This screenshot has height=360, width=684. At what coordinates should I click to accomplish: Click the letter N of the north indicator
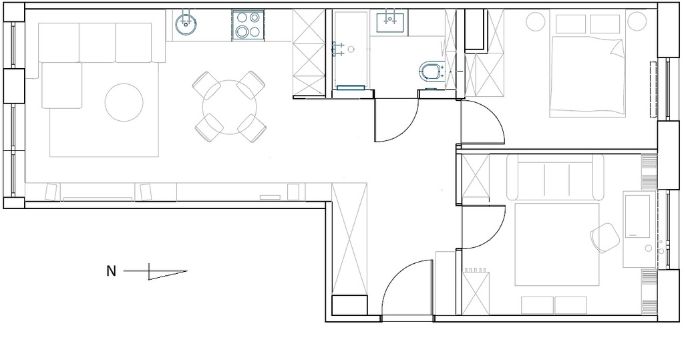(x=112, y=271)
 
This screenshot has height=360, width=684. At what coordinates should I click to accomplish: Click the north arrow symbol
(x=155, y=271)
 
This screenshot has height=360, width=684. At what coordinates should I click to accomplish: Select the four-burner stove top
(x=248, y=26)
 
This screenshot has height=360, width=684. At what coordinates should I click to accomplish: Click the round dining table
(x=230, y=107)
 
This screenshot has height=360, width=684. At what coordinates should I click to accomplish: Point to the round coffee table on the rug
(x=124, y=103)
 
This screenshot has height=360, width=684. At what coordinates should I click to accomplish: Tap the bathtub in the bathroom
(x=350, y=51)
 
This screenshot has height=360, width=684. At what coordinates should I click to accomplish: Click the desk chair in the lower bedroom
(x=605, y=237)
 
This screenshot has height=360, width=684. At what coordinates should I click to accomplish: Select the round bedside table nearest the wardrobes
(x=535, y=21)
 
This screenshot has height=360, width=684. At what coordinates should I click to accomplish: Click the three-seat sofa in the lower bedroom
(x=555, y=177)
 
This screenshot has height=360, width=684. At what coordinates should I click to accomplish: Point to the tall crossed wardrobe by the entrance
(x=349, y=239)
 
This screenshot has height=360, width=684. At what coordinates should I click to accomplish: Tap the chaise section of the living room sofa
(x=61, y=85)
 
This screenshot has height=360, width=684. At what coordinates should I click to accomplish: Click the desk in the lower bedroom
(x=639, y=229)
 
